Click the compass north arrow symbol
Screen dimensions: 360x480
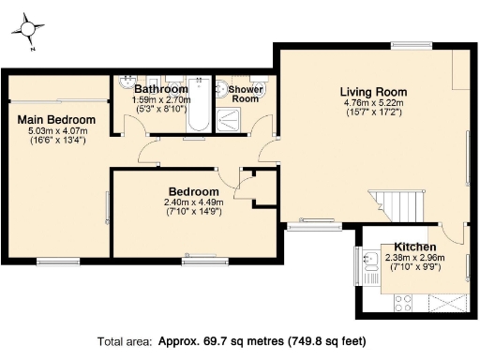[x=31, y=30]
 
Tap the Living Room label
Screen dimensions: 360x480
[x=371, y=91]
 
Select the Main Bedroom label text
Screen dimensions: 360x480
[x=56, y=120]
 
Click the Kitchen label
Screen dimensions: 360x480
[x=414, y=247]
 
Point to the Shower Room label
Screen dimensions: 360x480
[x=246, y=94]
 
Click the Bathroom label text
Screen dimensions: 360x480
[x=160, y=89]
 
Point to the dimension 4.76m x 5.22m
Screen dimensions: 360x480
[x=371, y=103]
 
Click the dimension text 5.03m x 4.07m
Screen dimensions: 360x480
[x=56, y=131]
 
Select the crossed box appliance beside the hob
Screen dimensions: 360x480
[x=446, y=303]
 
